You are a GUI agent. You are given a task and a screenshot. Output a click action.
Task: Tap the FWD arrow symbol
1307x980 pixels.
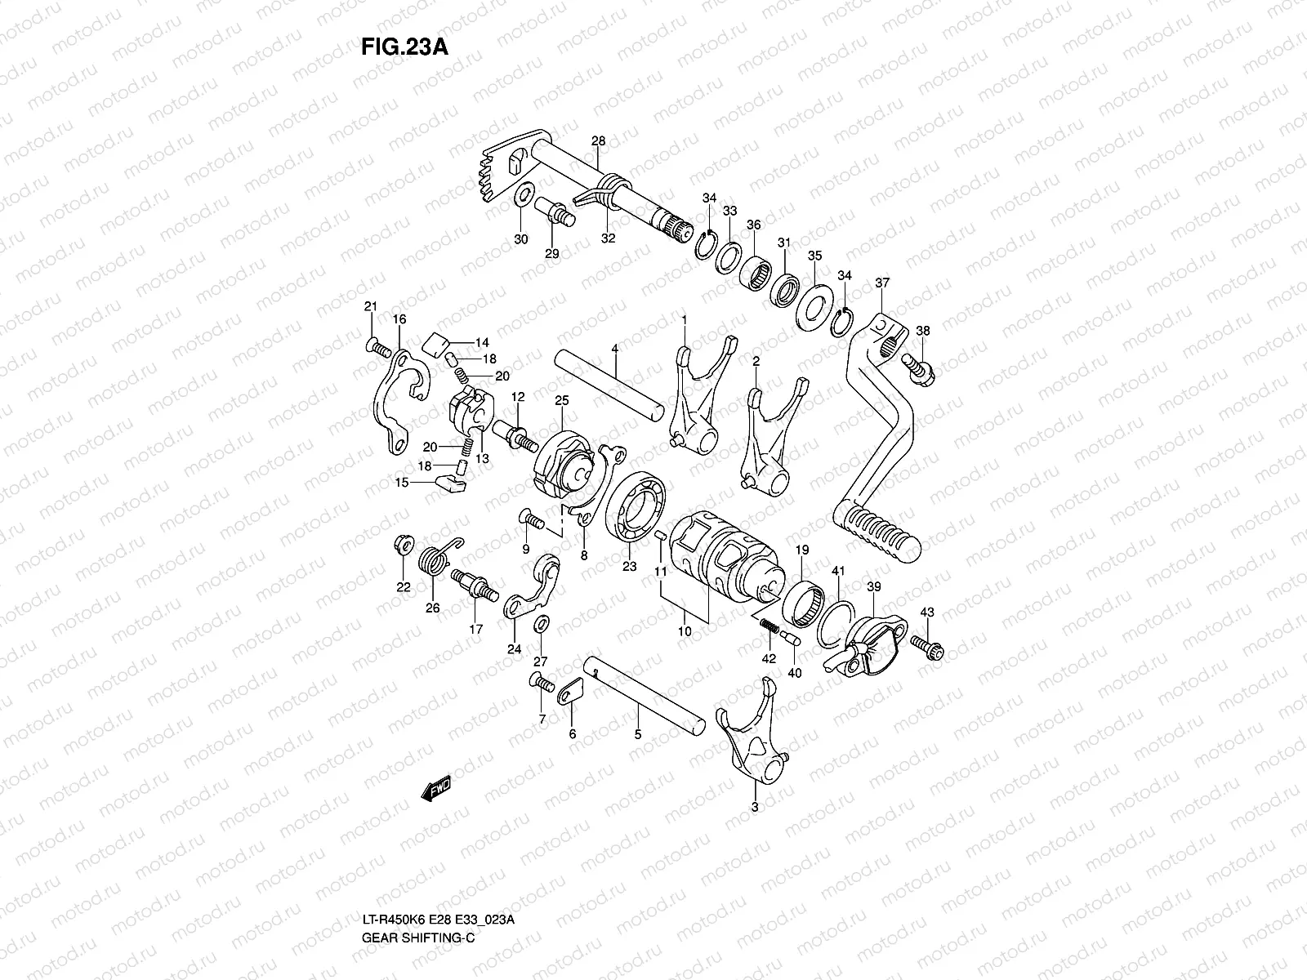tap(436, 788)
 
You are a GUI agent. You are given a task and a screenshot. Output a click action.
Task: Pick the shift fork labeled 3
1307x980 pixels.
tap(752, 735)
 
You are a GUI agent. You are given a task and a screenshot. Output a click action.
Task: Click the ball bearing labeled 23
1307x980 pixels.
tap(635, 509)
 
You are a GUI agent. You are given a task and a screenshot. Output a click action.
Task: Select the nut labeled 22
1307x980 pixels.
tap(402, 546)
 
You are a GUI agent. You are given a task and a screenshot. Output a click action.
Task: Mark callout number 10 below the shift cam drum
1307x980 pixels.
tap(685, 631)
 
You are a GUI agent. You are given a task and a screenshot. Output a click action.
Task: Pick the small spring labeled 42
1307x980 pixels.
tap(769, 626)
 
